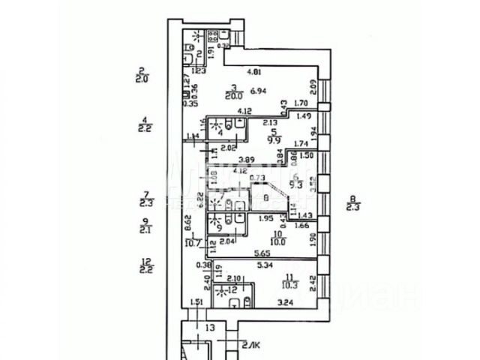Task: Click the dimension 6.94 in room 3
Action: pyautogui.click(x=259, y=91)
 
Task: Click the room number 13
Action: pyautogui.click(x=211, y=328)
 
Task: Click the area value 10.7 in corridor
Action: pyautogui.click(x=194, y=242)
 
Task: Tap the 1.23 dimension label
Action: pyautogui.click(x=199, y=71)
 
